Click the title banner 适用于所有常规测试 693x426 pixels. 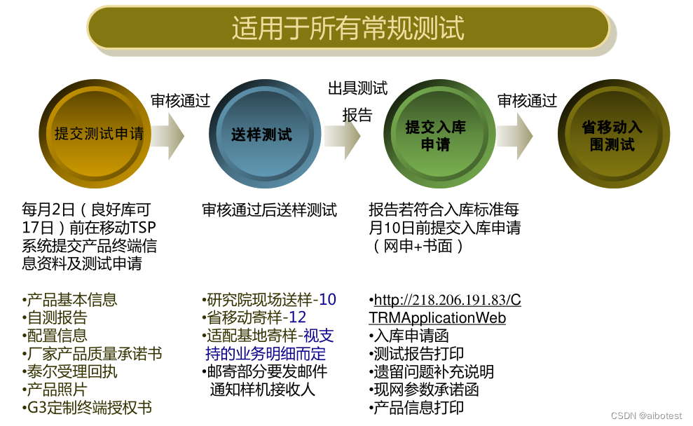click(348, 28)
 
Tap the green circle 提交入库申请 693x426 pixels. click(435, 135)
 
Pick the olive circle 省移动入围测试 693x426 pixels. click(612, 135)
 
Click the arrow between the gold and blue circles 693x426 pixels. click(167, 135)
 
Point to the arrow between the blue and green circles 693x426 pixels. click(342, 135)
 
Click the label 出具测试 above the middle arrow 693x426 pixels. click(357, 88)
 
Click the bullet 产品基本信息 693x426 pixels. click(71, 300)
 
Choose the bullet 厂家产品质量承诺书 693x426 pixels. click(93, 354)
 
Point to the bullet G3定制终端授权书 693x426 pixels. click(88, 408)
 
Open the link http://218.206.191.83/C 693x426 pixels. click(447, 301)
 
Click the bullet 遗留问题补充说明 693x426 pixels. click(432, 372)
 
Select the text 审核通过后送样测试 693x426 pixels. click(270, 209)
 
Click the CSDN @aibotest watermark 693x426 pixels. click(646, 415)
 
